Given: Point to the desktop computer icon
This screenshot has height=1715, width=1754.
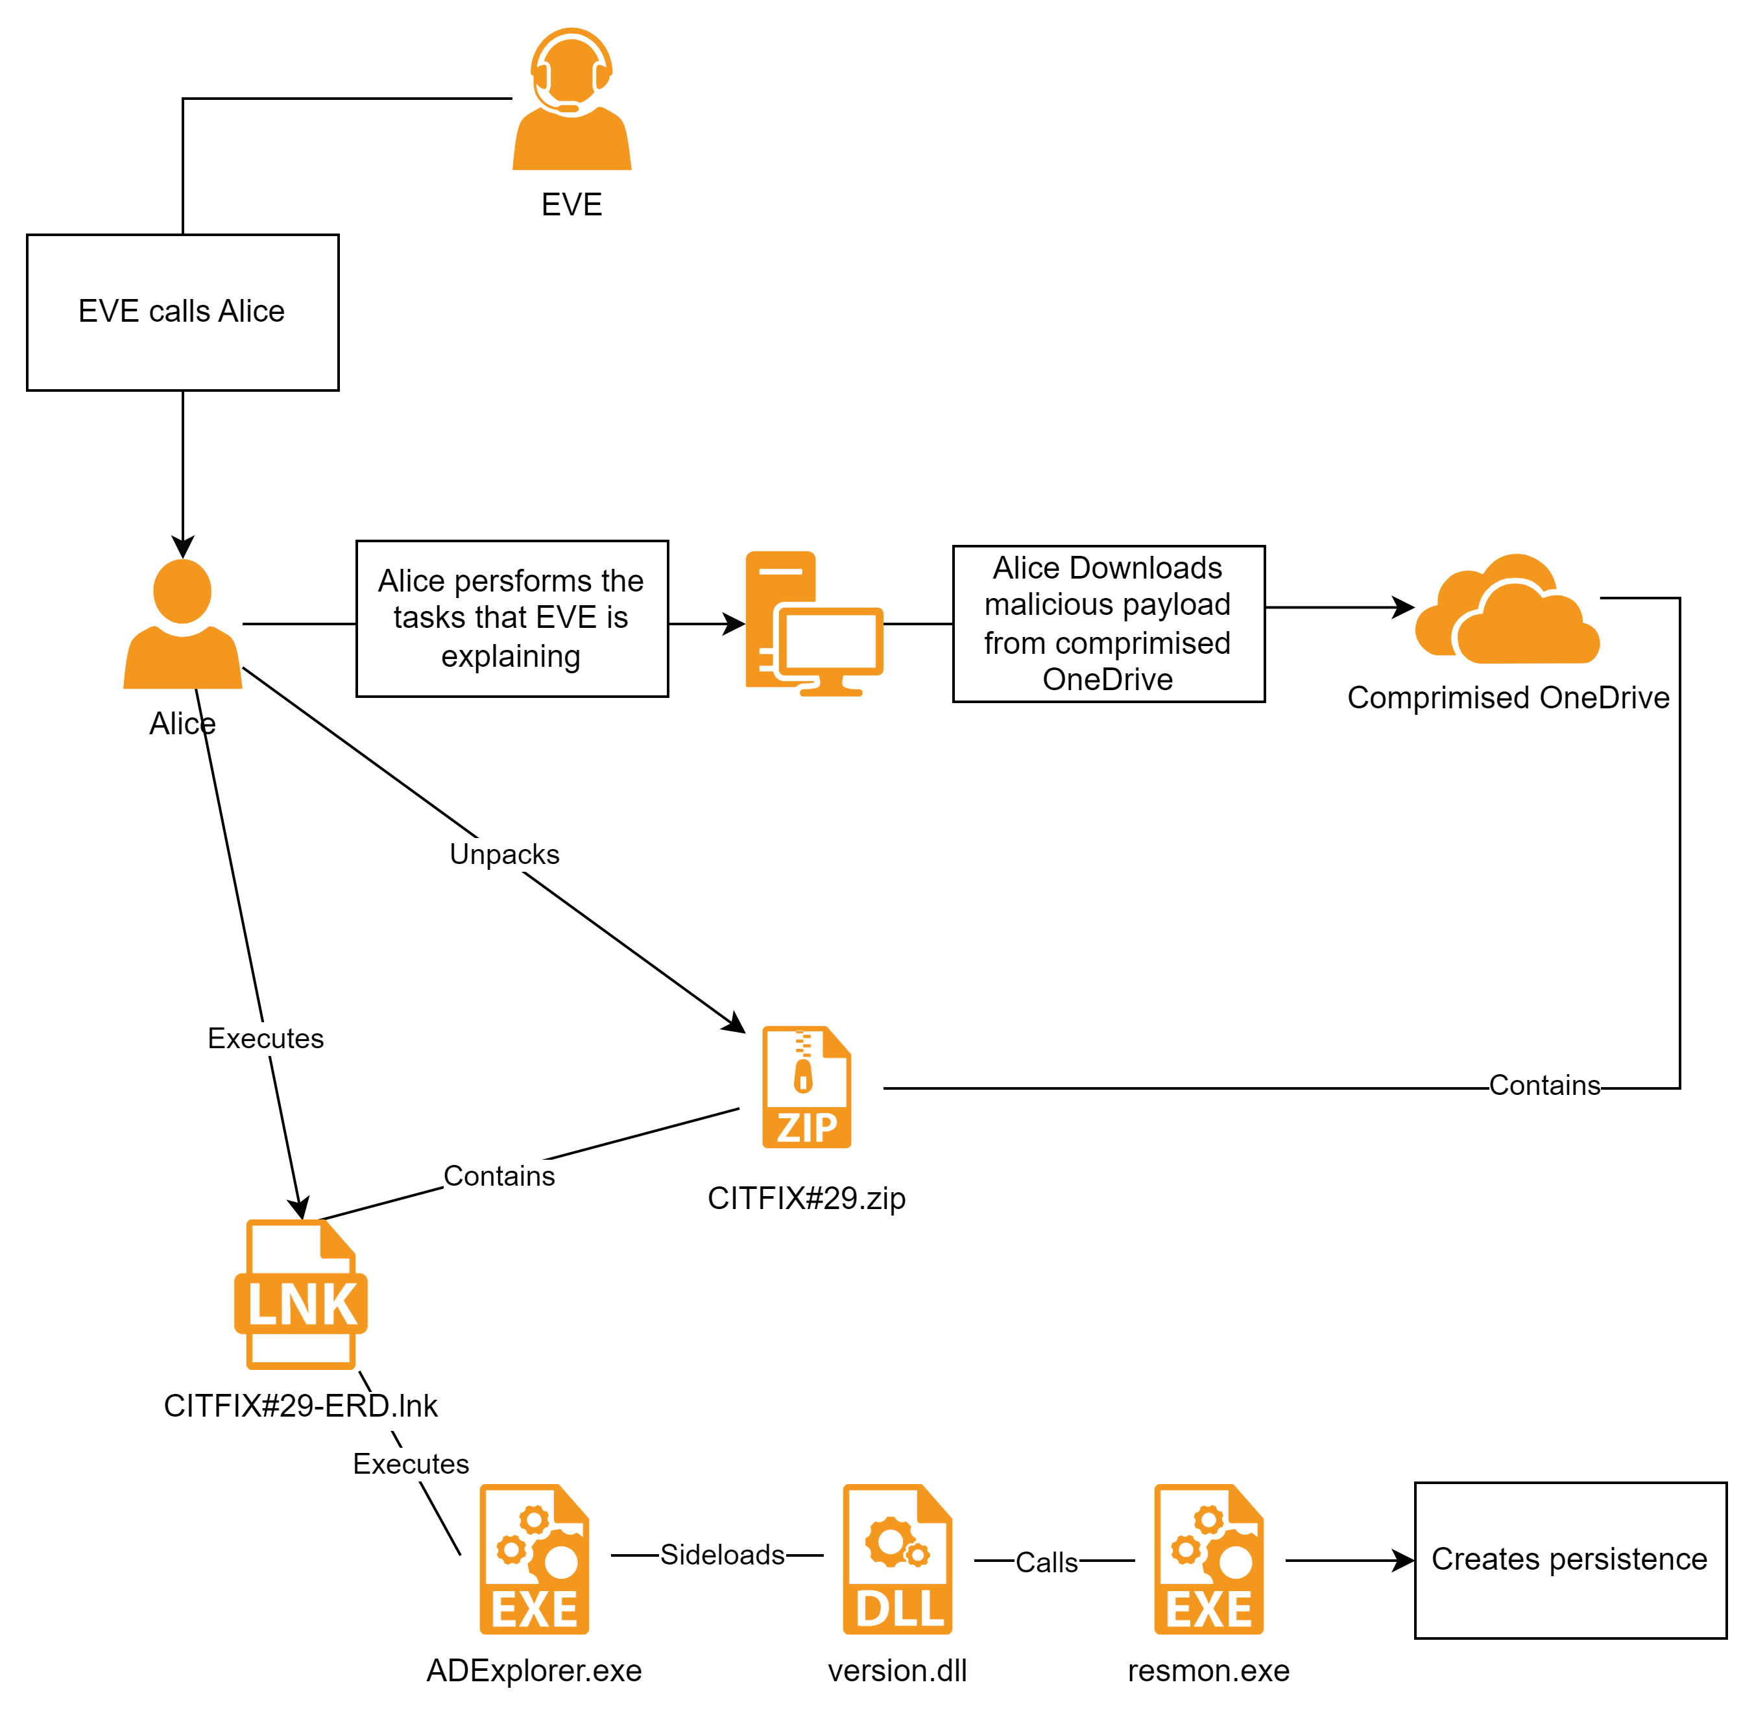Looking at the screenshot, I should point(813,623).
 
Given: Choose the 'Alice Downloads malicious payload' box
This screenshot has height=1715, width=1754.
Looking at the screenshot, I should point(1108,623).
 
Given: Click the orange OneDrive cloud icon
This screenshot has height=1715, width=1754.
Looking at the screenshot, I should point(1507,612).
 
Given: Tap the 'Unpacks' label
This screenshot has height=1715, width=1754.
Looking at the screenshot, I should point(505,854).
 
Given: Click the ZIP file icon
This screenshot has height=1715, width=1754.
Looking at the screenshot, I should point(806,1087).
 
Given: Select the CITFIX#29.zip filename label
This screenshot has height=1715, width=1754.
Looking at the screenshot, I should point(808,1201).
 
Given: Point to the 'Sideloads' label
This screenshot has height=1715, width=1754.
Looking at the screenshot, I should point(721,1555).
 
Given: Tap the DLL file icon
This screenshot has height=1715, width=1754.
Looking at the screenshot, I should point(897,1559).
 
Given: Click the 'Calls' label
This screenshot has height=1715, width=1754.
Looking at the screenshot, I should point(1046,1562).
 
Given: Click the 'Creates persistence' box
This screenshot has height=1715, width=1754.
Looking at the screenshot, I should point(1569,1560).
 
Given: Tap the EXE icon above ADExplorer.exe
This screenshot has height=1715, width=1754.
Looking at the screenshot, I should point(535,1559).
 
